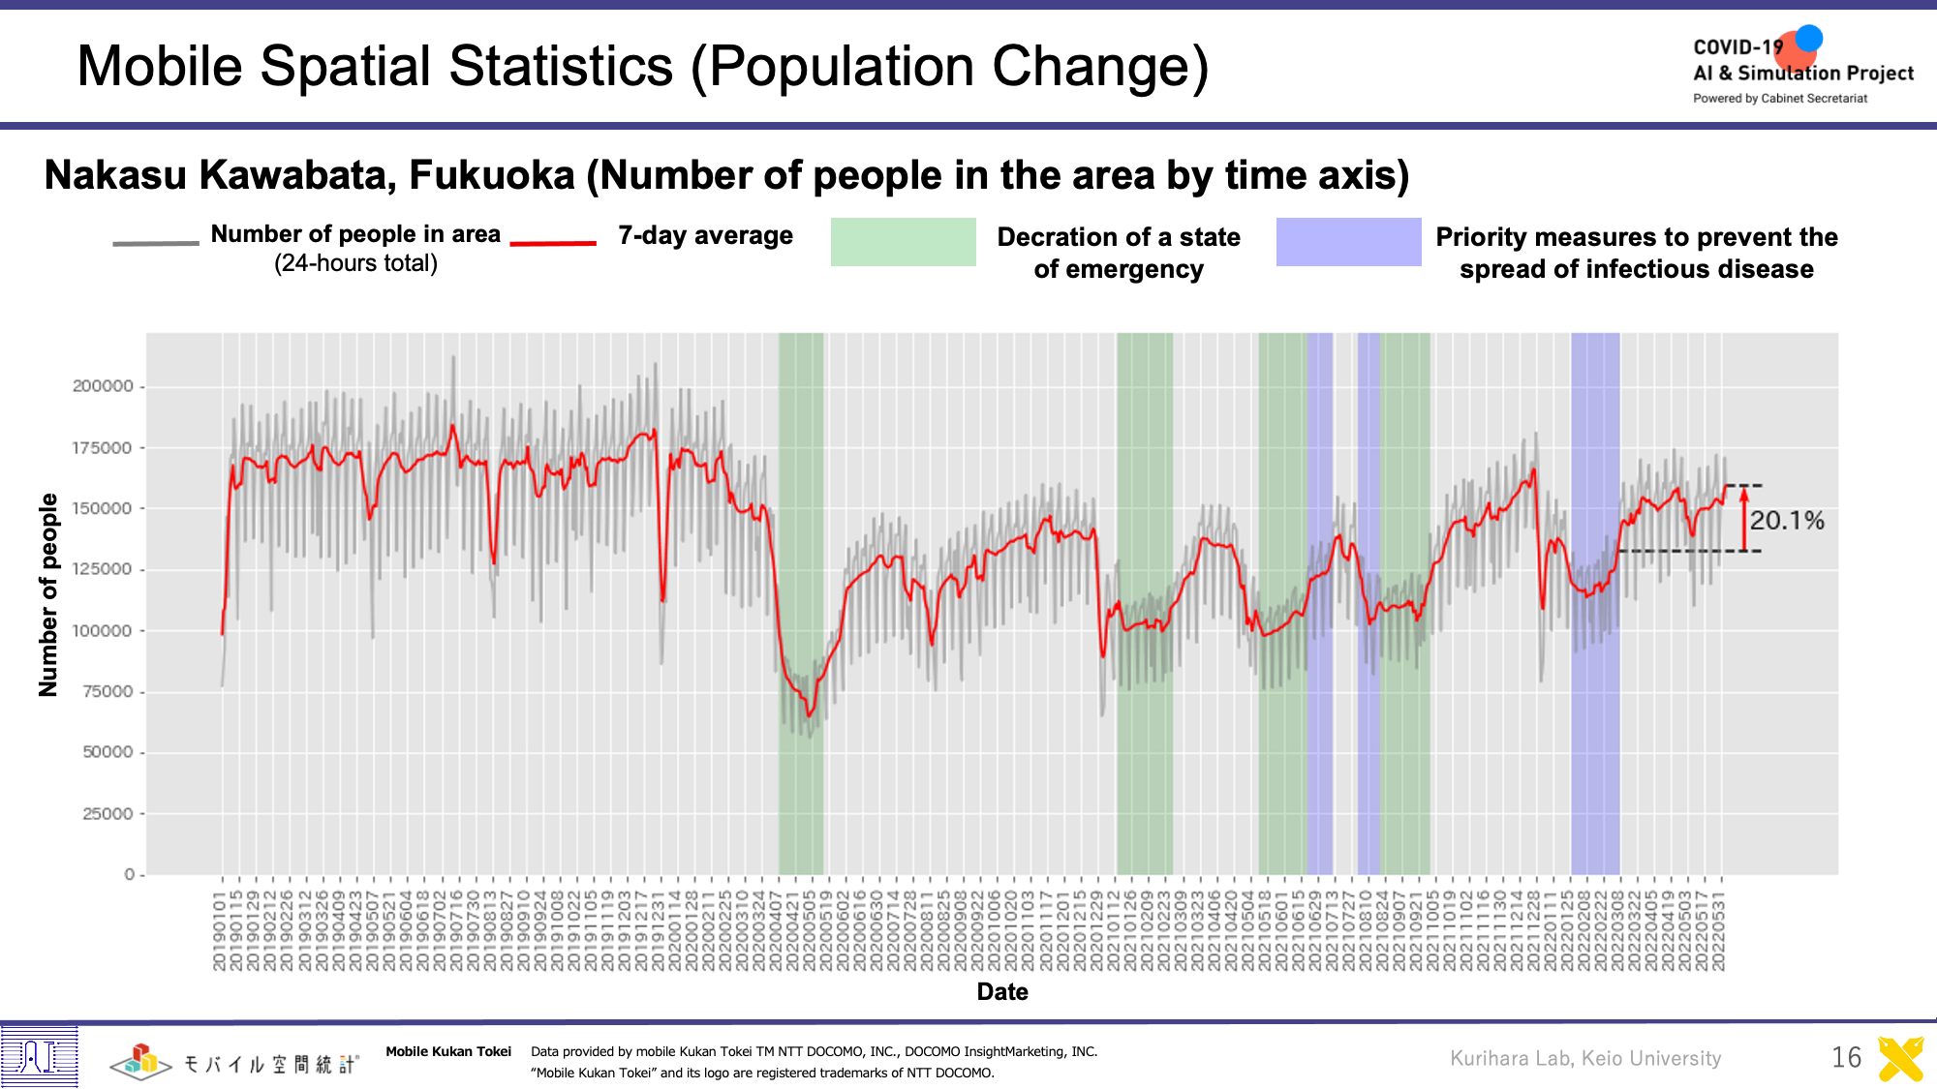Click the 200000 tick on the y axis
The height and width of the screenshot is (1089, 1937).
point(103,386)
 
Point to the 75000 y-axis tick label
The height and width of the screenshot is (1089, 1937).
point(107,691)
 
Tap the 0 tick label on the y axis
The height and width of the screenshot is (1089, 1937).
point(129,874)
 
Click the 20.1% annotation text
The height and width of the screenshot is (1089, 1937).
point(1786,521)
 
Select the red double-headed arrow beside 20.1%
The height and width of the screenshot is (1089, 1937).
point(1743,518)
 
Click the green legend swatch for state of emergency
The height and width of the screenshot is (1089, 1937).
point(903,242)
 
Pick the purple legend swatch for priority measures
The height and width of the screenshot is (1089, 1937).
point(1348,242)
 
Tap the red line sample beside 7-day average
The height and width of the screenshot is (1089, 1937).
point(552,243)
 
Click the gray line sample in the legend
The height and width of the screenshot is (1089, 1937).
point(155,243)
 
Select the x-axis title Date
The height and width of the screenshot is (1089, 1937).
point(1002,991)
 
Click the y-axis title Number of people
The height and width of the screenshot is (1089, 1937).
point(48,594)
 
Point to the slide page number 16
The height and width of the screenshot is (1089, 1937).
point(1846,1057)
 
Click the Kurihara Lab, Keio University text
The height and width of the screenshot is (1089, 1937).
point(1585,1058)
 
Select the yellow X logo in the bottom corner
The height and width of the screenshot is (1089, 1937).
point(1900,1058)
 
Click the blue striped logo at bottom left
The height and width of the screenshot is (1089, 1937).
point(39,1055)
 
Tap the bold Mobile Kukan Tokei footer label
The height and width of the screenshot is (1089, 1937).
point(448,1052)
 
